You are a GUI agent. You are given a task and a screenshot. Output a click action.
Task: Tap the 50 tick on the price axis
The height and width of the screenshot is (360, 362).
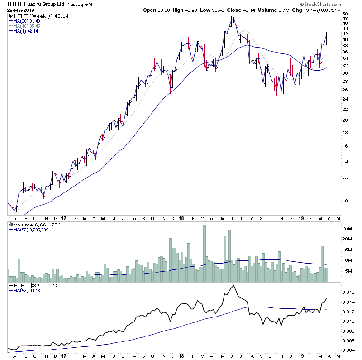(x=345, y=14)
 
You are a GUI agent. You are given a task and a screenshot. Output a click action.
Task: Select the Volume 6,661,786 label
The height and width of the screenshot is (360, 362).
(x=30, y=225)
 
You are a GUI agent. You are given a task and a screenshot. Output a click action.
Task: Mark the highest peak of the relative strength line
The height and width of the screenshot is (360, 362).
(x=233, y=286)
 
